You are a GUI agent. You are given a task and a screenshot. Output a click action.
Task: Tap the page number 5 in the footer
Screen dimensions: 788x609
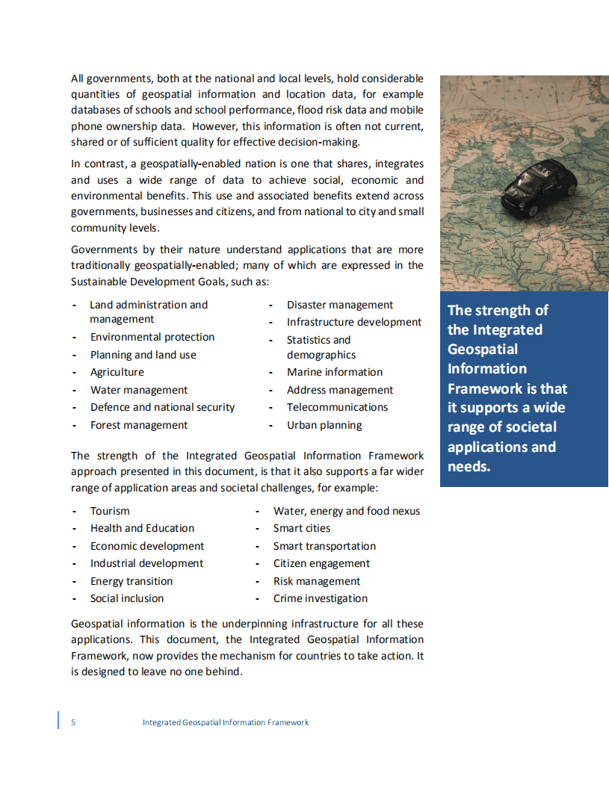coord(73,722)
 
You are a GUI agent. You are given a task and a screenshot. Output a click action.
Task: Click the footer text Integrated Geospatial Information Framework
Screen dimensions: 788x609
coord(226,722)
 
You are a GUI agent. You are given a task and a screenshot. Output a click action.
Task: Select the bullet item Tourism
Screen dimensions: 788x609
coord(110,511)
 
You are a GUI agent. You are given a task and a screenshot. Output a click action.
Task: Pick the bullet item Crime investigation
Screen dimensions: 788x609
coord(321,598)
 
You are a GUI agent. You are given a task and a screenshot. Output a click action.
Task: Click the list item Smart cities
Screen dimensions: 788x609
coord(302,528)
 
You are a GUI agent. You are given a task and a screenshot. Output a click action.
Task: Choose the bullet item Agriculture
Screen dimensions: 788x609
coord(117,372)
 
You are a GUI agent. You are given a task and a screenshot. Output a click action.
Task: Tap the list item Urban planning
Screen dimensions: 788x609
coord(324,425)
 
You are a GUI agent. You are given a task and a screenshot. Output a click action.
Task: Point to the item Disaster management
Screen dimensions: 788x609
coord(340,305)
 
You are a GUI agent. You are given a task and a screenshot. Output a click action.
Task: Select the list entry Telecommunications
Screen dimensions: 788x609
coord(337,407)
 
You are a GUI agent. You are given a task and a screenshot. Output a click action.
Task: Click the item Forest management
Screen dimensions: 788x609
coord(139,425)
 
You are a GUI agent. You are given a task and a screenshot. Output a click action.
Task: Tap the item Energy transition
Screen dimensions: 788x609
coord(132,581)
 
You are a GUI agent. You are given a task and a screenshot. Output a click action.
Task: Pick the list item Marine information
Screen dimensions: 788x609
coord(335,372)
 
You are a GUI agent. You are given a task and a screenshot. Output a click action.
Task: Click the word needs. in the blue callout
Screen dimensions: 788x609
coord(469,467)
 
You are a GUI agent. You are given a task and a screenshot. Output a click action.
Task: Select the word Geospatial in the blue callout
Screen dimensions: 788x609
coord(483,349)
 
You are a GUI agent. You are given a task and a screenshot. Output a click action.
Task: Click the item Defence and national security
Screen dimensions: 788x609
coord(163,407)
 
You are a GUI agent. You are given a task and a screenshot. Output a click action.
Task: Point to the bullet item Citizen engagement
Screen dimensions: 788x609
coord(322,563)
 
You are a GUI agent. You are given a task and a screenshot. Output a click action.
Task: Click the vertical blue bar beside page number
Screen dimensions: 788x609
coord(58,721)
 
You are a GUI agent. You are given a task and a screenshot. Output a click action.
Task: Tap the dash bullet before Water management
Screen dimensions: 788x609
coord(74,390)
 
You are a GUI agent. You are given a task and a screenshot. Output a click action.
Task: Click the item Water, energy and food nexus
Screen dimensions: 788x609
coord(347,511)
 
